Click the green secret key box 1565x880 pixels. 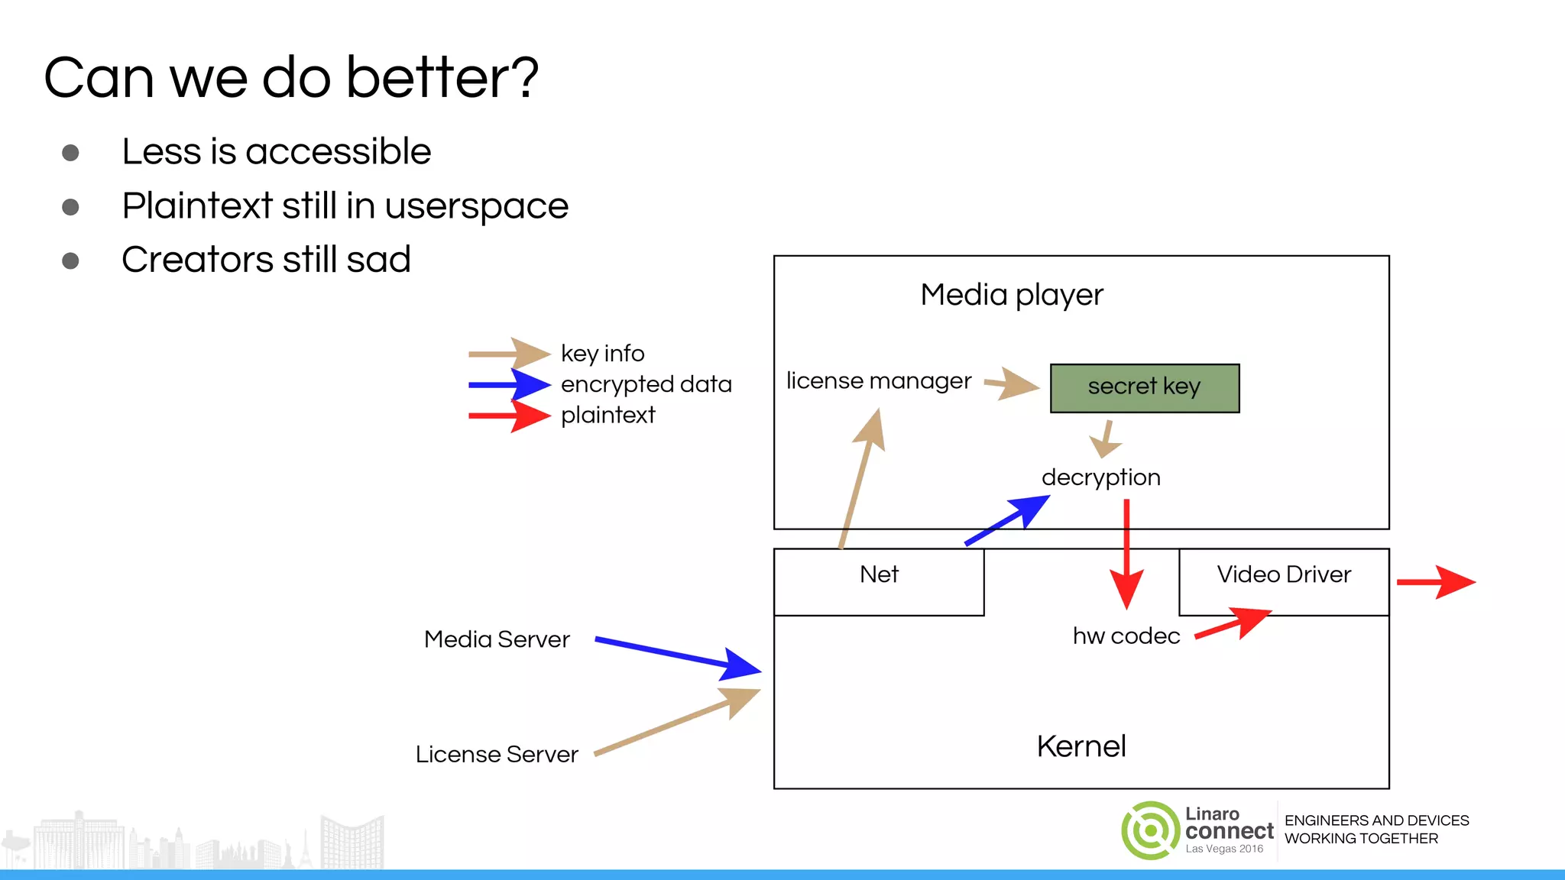(x=1144, y=388)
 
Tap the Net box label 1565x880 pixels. (x=879, y=574)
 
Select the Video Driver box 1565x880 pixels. (x=1284, y=581)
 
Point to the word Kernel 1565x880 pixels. (x=1081, y=746)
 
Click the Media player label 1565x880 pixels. (x=1012, y=295)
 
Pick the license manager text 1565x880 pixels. (x=879, y=380)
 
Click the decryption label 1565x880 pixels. (x=1100, y=477)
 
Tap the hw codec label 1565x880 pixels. (x=1126, y=636)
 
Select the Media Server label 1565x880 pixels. (x=497, y=639)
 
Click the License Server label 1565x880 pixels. (x=497, y=755)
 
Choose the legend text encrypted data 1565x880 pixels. (x=646, y=384)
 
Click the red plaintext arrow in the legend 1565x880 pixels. (x=508, y=416)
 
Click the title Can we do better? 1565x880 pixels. (x=291, y=78)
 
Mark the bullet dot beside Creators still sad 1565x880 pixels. (x=70, y=261)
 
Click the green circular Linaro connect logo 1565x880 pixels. (x=1150, y=830)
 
